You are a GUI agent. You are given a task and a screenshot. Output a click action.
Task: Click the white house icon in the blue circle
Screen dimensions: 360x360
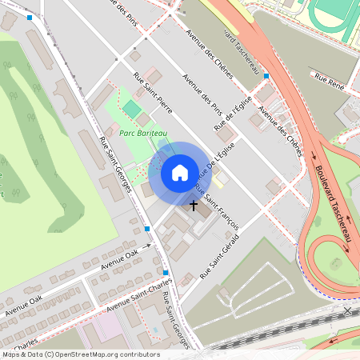(x=180, y=172)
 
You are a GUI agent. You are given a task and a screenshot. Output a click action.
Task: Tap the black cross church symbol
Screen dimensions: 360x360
(x=193, y=205)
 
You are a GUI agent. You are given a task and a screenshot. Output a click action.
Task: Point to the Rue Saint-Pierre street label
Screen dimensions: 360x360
(x=155, y=101)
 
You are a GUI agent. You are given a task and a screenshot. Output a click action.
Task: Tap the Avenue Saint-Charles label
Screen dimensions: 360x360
(x=140, y=294)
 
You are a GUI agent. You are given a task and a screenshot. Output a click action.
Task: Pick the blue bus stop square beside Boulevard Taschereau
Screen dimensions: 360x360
(x=266, y=76)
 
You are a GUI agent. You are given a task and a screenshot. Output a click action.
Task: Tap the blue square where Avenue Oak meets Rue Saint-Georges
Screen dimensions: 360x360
(x=147, y=230)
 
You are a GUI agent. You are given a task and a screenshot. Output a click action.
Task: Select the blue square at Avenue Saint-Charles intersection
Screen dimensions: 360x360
(x=166, y=273)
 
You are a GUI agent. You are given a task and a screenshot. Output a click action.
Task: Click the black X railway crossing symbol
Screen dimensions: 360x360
(x=347, y=310)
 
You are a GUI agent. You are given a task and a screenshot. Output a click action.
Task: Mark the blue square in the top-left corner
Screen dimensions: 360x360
(x=30, y=17)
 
